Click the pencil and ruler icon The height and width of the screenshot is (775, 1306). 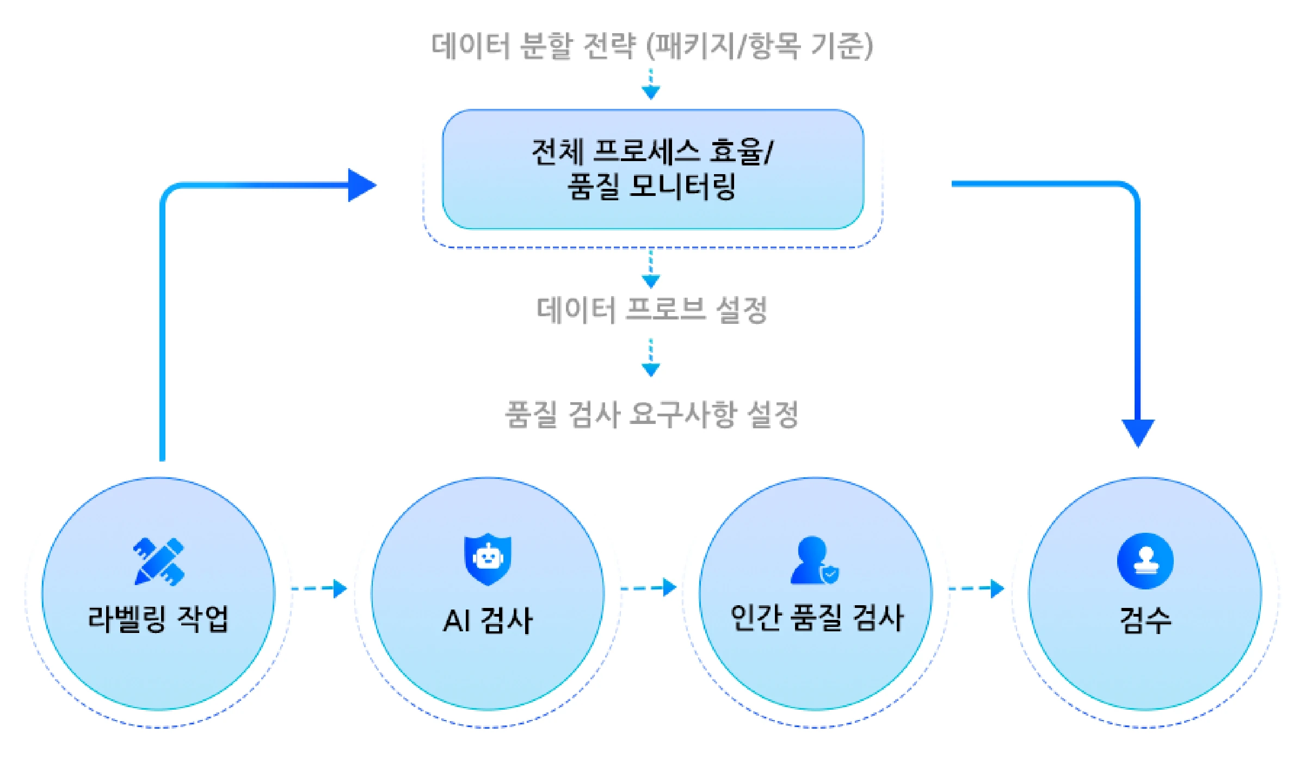pos(159,561)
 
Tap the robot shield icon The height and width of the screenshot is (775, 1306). pos(488,559)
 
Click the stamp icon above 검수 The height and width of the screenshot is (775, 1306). pos(1145,561)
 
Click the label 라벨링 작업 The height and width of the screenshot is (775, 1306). pos(158,619)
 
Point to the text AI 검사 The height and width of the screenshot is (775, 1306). pos(488,620)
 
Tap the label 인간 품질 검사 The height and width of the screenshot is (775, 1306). pos(816,618)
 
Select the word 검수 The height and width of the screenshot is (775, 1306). pos(1145,620)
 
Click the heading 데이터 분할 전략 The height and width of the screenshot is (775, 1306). pos(533,46)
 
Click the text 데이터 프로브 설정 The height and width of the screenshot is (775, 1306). pos(651,310)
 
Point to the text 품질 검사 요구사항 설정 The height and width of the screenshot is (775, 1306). pos(651,415)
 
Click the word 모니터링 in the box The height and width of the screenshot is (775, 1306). pos(682,187)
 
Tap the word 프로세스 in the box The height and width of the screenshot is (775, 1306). pos(646,151)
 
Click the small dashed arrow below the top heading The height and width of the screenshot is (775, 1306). pos(651,84)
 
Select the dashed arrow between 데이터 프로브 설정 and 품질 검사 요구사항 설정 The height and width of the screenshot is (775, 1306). pos(651,358)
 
